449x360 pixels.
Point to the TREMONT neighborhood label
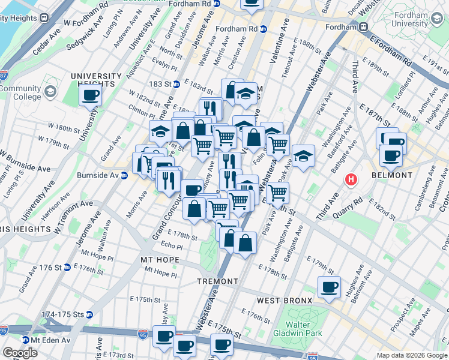(217, 281)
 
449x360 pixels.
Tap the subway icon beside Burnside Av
(124, 175)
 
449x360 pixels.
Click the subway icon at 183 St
(176, 83)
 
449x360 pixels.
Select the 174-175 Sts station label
(62, 314)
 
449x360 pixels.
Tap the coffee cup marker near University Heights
(91, 94)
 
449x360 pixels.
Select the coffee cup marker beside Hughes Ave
(329, 287)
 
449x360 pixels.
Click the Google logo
(20, 352)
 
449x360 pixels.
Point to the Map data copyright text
(411, 355)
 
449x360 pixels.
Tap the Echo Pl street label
(171, 246)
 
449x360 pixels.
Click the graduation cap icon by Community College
(50, 92)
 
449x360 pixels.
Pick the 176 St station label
(41, 267)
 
